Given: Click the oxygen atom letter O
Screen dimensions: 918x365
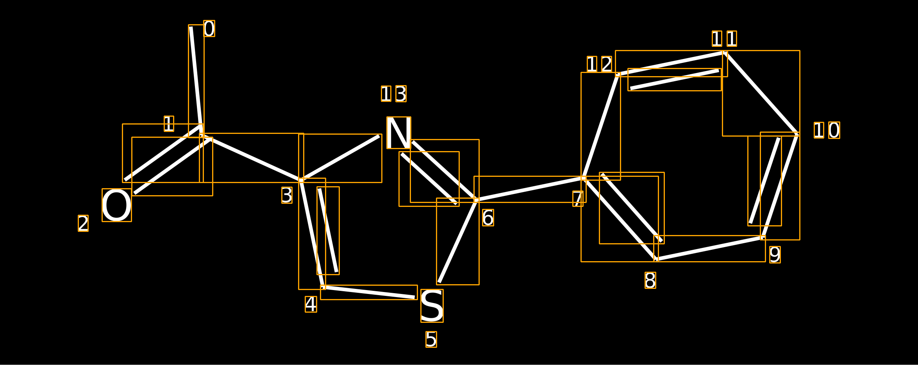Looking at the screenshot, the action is pyautogui.click(x=116, y=205).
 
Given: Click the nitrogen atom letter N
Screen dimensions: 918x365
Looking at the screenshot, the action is pyautogui.click(x=398, y=133).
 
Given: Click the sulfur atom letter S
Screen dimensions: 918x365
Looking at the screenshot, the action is pyautogui.click(x=432, y=306).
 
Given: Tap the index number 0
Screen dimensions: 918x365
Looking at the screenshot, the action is pyautogui.click(x=209, y=28).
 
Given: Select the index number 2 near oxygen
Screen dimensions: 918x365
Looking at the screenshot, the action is pyautogui.click(x=83, y=223).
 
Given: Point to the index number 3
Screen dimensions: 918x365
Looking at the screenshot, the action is pyautogui.click(x=287, y=195).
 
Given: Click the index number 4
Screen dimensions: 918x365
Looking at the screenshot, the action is pyautogui.click(x=311, y=304).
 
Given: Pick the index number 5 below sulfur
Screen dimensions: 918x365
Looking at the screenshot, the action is pyautogui.click(x=431, y=339).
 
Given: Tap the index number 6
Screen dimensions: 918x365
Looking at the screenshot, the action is pyautogui.click(x=488, y=218).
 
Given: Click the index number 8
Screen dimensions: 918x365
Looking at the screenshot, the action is pyautogui.click(x=650, y=280).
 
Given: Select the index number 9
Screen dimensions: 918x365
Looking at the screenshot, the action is pyautogui.click(x=775, y=255).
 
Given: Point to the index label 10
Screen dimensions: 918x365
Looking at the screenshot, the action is pyautogui.click(x=827, y=130).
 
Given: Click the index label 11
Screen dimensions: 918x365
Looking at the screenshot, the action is pyautogui.click(x=724, y=39).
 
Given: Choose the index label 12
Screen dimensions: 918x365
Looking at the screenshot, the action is pyautogui.click(x=599, y=64).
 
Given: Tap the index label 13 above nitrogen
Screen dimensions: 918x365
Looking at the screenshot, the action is pyautogui.click(x=394, y=94).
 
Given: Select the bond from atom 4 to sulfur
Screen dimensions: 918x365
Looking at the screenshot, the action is pyautogui.click(x=369, y=292).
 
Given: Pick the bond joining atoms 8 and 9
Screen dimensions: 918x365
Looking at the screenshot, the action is pyautogui.click(x=709, y=248).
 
